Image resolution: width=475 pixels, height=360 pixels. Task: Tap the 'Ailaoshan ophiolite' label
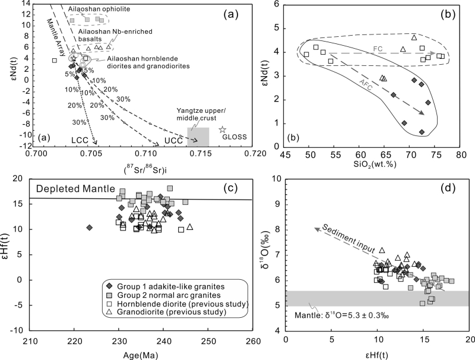coord(97,10)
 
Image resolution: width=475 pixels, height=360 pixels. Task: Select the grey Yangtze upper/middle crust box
coord(198,137)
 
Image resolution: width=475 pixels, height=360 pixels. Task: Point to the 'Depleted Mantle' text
coord(76,189)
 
